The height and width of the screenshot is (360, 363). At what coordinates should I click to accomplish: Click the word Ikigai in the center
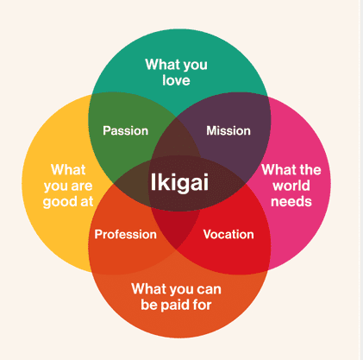(x=179, y=182)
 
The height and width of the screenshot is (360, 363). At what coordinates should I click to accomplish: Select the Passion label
(x=126, y=130)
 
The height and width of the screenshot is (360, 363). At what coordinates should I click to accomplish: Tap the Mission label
(x=228, y=130)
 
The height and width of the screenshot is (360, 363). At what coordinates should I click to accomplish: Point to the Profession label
(x=126, y=234)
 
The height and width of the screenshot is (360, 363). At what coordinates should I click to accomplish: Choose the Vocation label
(x=228, y=234)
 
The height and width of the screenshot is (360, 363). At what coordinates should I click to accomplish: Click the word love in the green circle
(x=176, y=80)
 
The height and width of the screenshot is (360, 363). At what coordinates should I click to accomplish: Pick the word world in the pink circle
(x=291, y=186)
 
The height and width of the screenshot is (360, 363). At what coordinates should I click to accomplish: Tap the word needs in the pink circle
(x=291, y=202)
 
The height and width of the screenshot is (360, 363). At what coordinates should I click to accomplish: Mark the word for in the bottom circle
(x=202, y=305)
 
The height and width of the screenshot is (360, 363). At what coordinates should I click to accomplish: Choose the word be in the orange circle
(x=148, y=305)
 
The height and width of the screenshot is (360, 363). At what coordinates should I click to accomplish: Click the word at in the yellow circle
(x=87, y=201)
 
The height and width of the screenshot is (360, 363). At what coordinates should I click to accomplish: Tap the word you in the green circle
(x=195, y=66)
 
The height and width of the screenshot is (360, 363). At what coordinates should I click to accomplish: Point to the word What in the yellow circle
(x=68, y=170)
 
